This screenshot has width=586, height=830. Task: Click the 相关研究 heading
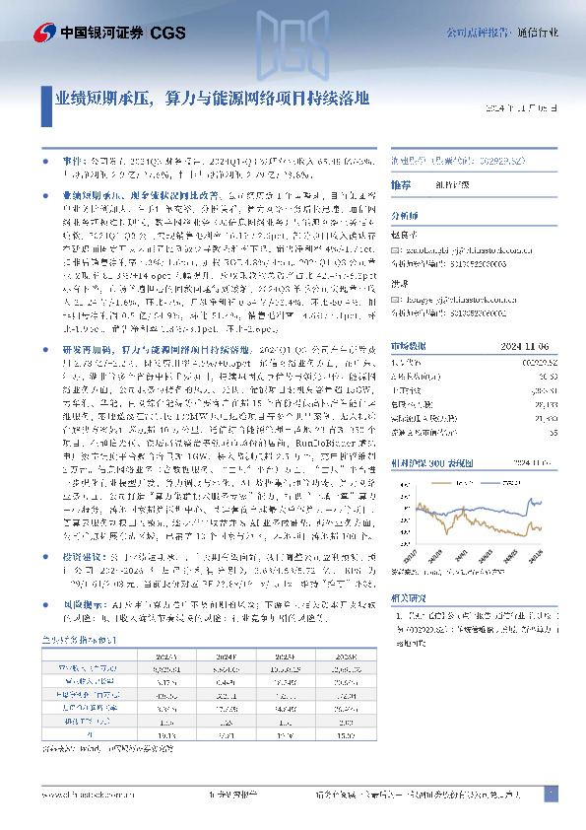point(409,598)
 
